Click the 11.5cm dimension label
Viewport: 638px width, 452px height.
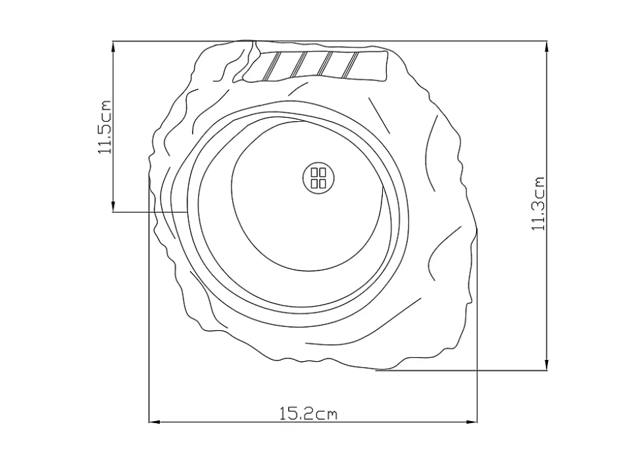pyautogui.click(x=105, y=127)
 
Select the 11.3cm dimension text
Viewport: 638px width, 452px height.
pyautogui.click(x=538, y=203)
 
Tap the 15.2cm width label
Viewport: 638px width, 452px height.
pyautogui.click(x=308, y=414)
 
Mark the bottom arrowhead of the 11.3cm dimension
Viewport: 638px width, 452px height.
pyautogui.click(x=547, y=365)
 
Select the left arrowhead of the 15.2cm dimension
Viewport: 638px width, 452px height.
pyautogui.click(x=154, y=422)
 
